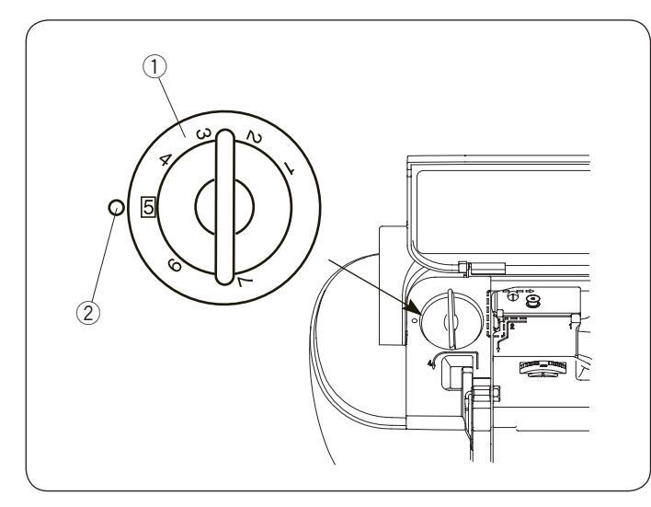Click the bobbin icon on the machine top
click(x=532, y=299)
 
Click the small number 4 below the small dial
click(x=430, y=364)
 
